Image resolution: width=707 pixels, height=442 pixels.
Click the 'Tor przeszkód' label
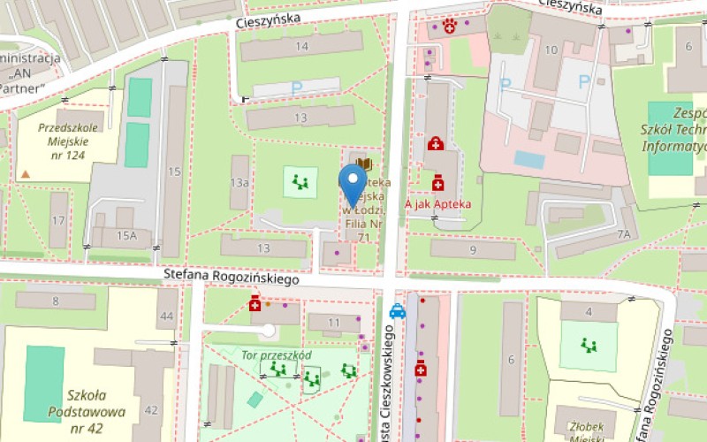pyautogui.click(x=276, y=354)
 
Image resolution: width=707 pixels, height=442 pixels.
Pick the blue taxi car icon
pyautogui.click(x=398, y=311)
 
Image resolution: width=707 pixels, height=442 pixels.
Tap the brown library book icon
pyautogui.click(x=366, y=164)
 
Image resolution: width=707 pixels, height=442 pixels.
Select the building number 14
pyautogui.click(x=303, y=46)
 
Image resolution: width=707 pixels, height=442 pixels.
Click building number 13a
pyautogui.click(x=239, y=182)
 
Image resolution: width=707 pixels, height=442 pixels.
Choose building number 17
pyautogui.click(x=58, y=220)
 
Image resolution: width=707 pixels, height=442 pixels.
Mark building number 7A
pyautogui.click(x=624, y=234)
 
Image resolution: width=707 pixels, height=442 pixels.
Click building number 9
pyautogui.click(x=474, y=251)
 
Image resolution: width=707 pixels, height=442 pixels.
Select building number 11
pyautogui.click(x=332, y=323)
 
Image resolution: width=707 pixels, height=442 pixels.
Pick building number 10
pyautogui.click(x=551, y=49)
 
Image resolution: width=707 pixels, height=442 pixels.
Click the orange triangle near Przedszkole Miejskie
pyautogui.click(x=26, y=173)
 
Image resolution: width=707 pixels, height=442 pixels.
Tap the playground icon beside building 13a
pyautogui.click(x=300, y=183)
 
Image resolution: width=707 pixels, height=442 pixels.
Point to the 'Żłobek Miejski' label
pyautogui.click(x=582, y=428)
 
